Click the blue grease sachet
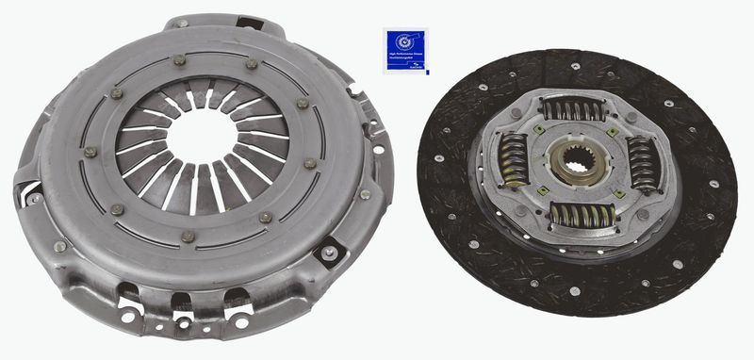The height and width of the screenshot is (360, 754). [x=404, y=50]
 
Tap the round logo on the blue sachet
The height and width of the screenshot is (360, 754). [x=404, y=42]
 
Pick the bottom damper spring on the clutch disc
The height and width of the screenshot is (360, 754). [x=582, y=215]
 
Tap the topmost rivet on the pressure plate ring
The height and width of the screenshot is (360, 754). [x=179, y=59]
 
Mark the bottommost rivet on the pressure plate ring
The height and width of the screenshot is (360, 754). [x=188, y=237]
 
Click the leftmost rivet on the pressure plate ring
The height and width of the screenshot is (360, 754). [x=90, y=152]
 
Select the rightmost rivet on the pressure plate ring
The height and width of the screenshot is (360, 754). [x=310, y=163]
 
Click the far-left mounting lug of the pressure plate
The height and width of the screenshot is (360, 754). [x=29, y=194]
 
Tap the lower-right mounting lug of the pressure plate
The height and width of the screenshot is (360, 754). [x=329, y=252]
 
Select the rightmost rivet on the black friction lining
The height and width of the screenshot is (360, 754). [x=716, y=171]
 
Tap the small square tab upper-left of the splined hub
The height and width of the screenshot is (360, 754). [x=538, y=129]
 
